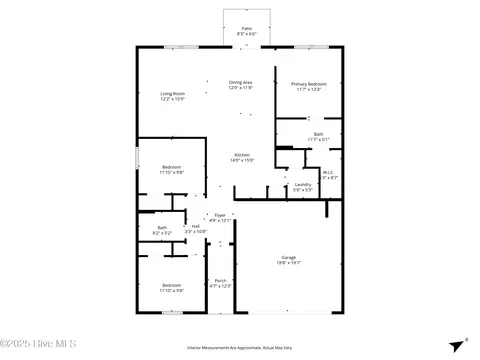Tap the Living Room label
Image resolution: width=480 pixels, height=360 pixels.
click(x=172, y=94)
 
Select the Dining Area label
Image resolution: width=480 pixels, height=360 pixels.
click(x=241, y=82)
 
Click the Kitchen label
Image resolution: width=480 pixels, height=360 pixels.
click(x=241, y=155)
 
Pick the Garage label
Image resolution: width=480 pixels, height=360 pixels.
click(x=288, y=258)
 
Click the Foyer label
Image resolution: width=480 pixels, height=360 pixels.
click(x=220, y=215)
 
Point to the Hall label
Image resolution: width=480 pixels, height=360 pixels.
click(x=197, y=226)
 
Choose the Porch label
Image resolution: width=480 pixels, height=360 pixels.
click(x=220, y=281)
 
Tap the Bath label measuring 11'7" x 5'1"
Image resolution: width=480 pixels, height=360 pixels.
click(x=317, y=133)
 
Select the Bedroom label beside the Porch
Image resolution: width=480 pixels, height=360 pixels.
click(x=172, y=285)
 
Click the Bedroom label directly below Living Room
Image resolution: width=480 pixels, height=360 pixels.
click(x=172, y=167)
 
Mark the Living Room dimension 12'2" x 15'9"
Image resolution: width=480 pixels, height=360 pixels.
click(x=172, y=100)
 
